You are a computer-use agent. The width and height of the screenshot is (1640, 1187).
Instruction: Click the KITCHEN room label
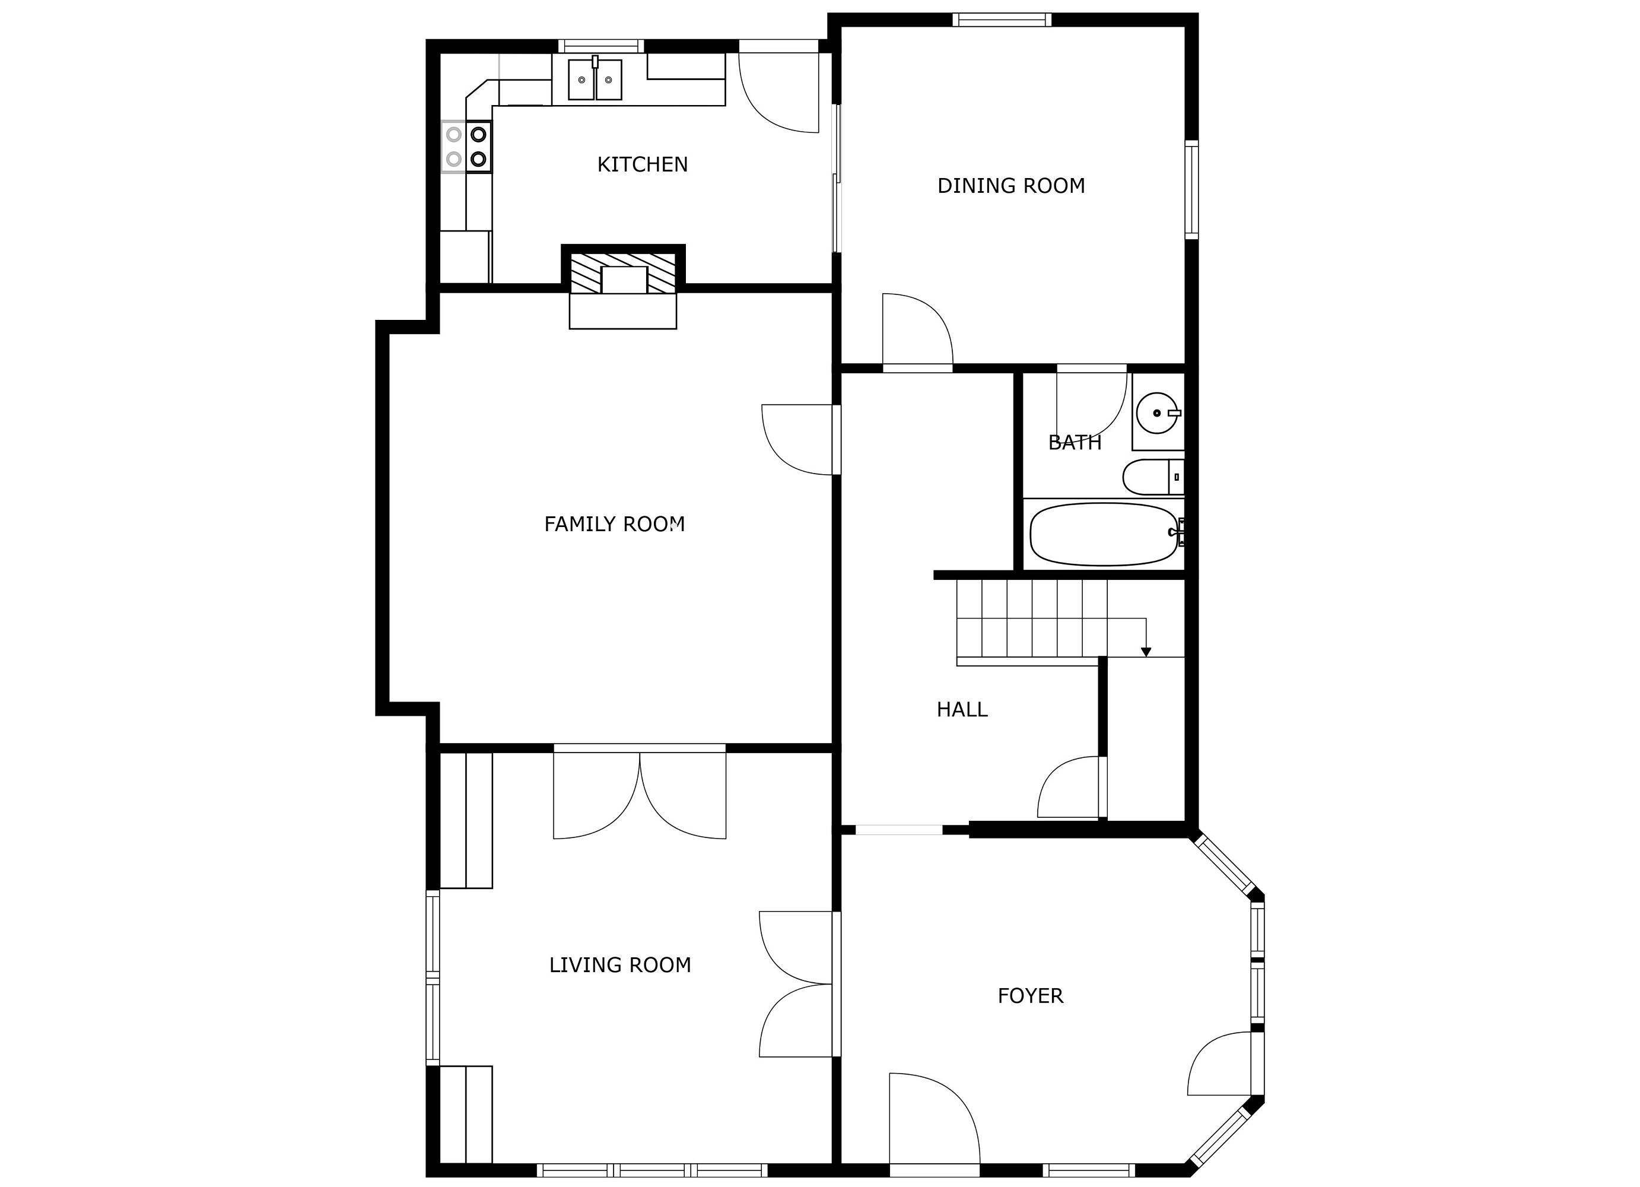pos(642,165)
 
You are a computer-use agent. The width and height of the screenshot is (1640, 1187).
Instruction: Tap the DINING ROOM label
pos(1011,186)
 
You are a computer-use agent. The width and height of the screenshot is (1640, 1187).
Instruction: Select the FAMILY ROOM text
pos(614,523)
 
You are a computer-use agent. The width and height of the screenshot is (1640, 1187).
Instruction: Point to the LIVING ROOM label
pos(619,965)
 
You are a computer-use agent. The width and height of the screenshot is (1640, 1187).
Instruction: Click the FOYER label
pos(1031,996)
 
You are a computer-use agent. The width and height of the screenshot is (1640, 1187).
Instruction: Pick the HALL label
pos(962,710)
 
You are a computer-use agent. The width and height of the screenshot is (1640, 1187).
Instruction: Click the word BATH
pos(1075,443)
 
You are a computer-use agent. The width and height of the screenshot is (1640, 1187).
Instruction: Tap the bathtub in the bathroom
pos(1104,535)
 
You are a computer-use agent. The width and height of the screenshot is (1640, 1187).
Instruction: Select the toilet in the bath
pos(1153,477)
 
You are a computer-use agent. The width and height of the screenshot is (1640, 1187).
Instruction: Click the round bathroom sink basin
pos(1157,413)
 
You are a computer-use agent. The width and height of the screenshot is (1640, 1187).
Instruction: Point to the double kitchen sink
pos(595,80)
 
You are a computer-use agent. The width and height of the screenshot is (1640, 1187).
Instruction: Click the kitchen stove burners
pos(466,146)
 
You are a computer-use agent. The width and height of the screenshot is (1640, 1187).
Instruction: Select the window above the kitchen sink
pos(599,46)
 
